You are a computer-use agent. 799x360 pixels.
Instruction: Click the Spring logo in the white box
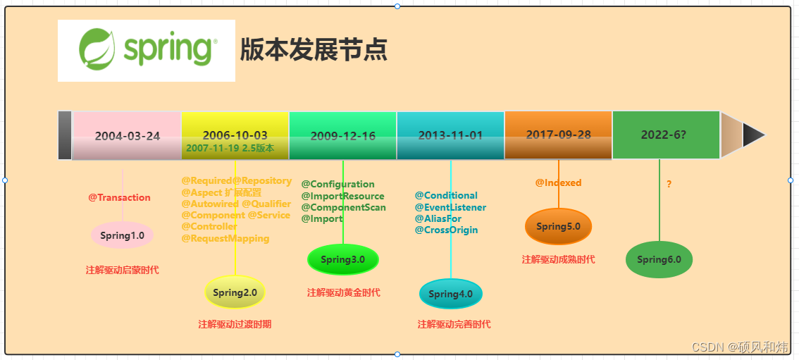[147, 50]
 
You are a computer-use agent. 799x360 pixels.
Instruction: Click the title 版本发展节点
[314, 50]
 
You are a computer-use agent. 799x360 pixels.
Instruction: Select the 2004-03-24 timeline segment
[127, 135]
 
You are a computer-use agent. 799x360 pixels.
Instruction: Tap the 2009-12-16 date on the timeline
[343, 135]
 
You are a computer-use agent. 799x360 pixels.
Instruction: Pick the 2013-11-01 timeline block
[451, 135]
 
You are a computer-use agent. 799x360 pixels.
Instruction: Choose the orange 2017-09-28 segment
[558, 135]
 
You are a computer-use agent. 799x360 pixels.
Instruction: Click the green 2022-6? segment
[666, 135]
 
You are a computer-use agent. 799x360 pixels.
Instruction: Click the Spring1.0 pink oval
[122, 235]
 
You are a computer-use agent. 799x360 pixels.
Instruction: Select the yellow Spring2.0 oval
[235, 292]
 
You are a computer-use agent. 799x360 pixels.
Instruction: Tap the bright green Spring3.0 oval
[343, 259]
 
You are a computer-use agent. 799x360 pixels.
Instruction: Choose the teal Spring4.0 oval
[451, 294]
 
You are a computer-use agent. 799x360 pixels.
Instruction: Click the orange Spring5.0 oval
[558, 226]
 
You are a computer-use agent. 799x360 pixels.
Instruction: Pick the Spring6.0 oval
[659, 259]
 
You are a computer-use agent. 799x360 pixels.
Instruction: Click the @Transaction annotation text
[119, 197]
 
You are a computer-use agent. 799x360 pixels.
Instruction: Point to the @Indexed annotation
[558, 182]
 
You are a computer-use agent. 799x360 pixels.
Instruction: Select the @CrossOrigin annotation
[446, 230]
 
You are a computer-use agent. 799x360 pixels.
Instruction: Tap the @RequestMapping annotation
[225, 238]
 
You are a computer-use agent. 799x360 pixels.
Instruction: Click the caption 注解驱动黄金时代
[344, 292]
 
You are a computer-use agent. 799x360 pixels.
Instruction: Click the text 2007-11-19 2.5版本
[230, 148]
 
